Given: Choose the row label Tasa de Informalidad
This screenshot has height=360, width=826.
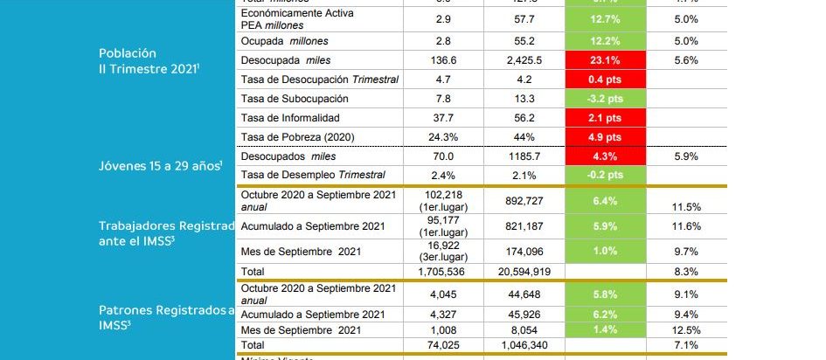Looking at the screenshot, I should (289, 118).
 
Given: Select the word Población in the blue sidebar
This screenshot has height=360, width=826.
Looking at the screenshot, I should (128, 53).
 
